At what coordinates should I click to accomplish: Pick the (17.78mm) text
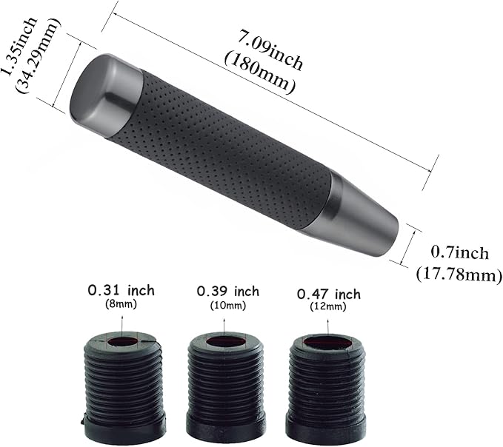click(459, 275)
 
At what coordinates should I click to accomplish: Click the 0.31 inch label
click(121, 289)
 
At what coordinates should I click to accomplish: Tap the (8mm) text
click(122, 303)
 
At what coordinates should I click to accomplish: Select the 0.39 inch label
click(227, 291)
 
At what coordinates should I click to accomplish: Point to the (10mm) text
click(227, 306)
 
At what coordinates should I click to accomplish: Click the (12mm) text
click(328, 308)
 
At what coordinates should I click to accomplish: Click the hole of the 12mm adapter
click(327, 343)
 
